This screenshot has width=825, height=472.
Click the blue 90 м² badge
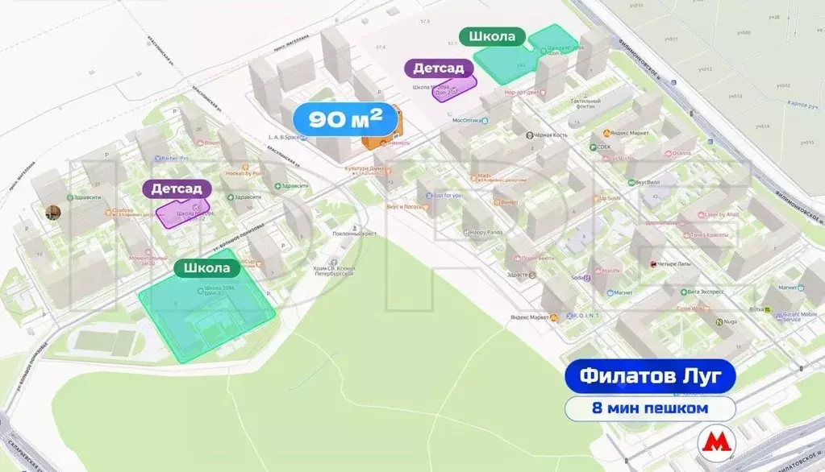(346, 120)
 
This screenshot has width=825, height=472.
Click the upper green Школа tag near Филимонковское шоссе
(492, 37)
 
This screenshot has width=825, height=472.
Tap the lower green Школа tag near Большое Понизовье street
(206, 268)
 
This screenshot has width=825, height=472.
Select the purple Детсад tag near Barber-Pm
(177, 188)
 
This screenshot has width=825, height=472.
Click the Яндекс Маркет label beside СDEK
(628, 134)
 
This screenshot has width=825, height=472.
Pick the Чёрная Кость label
(549, 135)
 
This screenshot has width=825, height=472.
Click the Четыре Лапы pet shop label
(676, 264)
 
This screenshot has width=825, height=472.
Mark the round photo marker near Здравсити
(53, 213)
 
